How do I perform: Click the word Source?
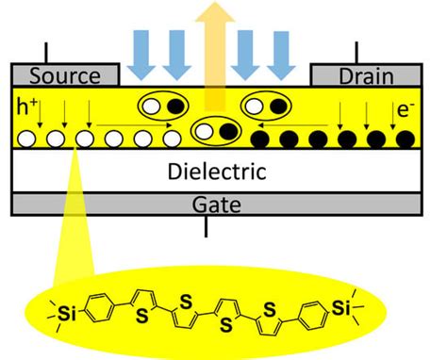pyautogui.click(x=64, y=76)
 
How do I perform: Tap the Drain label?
pyautogui.click(x=365, y=76)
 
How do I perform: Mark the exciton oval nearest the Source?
pyautogui.click(x=161, y=104)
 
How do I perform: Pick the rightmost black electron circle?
pyautogui.click(x=406, y=141)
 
